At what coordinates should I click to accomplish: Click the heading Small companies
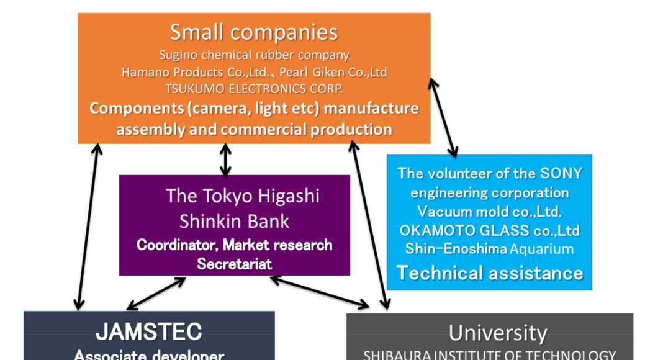(x=253, y=32)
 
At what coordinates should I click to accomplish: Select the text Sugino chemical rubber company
(x=254, y=55)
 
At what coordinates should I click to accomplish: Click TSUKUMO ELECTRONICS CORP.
(x=254, y=88)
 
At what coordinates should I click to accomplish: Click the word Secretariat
(x=234, y=264)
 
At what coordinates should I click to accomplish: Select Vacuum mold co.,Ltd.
(x=489, y=211)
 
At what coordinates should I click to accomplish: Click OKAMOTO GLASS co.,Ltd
(x=489, y=230)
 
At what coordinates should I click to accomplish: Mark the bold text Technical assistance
(x=489, y=272)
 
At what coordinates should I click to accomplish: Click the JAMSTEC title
(x=149, y=332)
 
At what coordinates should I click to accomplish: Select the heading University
(x=498, y=333)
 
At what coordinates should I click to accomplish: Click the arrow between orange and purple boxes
(x=226, y=160)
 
